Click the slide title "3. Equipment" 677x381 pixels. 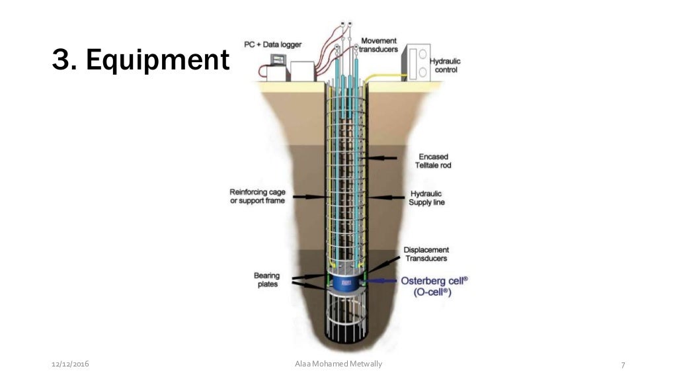pos(139,61)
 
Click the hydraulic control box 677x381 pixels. pos(417,63)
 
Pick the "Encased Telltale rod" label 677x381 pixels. pos(434,161)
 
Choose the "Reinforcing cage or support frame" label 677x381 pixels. pos(257,196)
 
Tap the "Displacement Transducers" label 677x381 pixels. pos(426,255)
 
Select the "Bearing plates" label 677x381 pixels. pos(266,280)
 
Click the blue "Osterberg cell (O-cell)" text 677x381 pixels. pos(434,285)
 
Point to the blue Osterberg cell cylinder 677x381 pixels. pos(344,285)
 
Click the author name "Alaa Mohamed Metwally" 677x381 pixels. pos(338,364)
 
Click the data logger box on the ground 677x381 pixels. pos(301,71)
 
